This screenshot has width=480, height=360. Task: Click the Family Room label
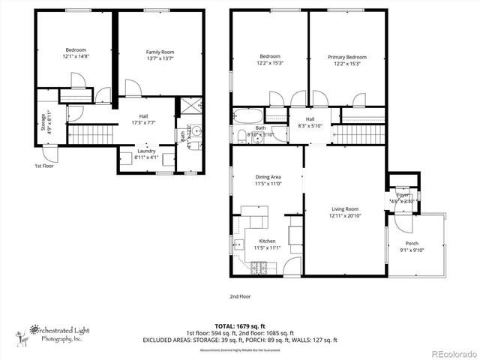pos(159,51)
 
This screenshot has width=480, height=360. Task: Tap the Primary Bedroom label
pos(347,57)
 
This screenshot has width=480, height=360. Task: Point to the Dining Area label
pos(268,177)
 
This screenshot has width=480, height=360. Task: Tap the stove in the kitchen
pos(259,266)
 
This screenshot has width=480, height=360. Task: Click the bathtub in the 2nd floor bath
pos(248,116)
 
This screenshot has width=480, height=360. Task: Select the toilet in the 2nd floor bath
pos(241,136)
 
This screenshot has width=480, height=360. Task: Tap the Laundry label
pos(145,150)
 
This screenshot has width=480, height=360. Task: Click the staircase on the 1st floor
pos(88,136)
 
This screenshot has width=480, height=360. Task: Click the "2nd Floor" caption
pos(241,296)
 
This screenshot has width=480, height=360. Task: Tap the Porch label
pos(412,244)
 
